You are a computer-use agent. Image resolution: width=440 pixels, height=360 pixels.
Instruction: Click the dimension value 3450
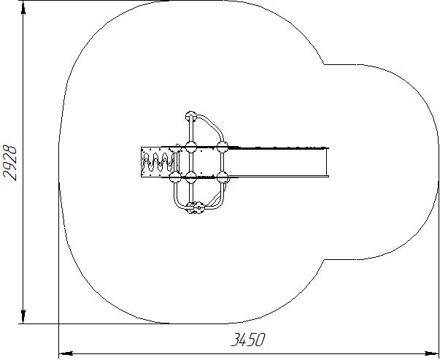(x=247, y=340)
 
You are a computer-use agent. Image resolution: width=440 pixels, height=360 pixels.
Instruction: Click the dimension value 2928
(x=9, y=163)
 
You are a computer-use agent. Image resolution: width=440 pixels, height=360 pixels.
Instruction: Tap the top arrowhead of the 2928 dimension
(x=23, y=7)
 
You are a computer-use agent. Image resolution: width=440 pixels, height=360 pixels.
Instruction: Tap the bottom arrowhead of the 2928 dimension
(x=23, y=317)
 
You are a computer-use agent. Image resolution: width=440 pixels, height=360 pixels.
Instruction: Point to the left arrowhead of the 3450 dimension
(x=66, y=353)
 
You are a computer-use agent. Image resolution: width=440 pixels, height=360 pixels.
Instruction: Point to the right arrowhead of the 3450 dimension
(x=431, y=353)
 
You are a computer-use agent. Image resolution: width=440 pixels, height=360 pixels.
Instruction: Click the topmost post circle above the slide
(x=191, y=116)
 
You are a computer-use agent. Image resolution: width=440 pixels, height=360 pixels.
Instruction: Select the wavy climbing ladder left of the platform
(x=158, y=162)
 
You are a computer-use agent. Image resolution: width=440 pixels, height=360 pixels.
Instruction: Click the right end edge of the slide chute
(x=327, y=162)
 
